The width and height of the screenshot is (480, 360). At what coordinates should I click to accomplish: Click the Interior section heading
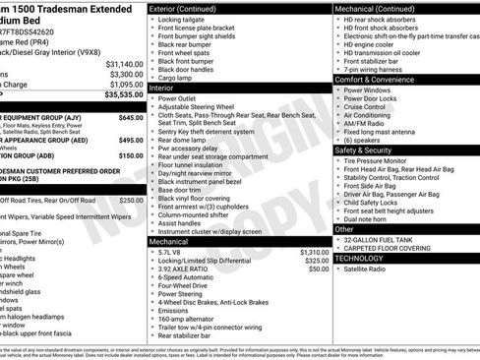tap(168, 88)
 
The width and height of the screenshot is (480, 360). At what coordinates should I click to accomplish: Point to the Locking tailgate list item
tap(184, 19)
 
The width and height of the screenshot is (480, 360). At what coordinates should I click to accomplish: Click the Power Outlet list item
tap(181, 99)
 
